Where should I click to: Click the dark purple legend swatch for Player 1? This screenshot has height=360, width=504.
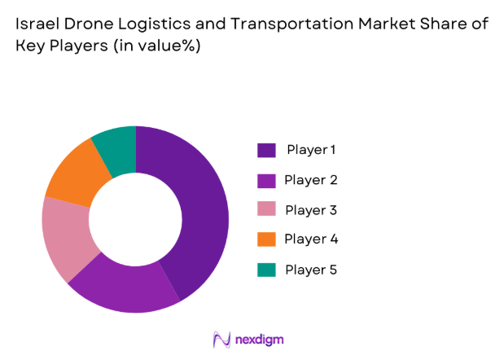(266, 150)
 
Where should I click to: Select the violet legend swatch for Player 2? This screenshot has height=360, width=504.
(266, 180)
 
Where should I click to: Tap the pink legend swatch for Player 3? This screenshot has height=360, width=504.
(266, 210)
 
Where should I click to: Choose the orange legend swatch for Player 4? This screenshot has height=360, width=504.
(266, 239)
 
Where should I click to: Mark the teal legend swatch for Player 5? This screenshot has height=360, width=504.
(266, 270)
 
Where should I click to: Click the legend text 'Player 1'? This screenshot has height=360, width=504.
(311, 150)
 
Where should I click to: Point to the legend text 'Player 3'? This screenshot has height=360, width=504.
(311, 210)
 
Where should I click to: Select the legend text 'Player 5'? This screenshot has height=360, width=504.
(311, 270)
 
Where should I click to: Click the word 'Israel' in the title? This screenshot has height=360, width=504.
(34, 24)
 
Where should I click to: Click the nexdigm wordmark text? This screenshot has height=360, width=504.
(261, 339)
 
